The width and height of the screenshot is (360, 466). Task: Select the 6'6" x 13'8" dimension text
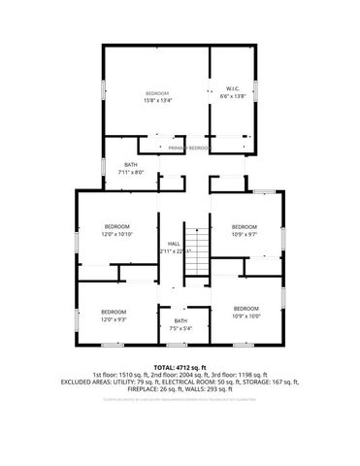coord(233,95)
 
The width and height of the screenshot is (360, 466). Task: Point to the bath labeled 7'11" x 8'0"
coord(130,169)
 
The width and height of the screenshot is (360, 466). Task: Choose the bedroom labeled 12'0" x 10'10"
coord(116,230)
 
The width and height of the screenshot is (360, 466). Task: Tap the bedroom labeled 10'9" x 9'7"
coord(245,230)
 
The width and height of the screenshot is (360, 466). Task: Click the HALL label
coord(174,244)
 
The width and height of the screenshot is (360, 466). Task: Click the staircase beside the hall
coord(198,252)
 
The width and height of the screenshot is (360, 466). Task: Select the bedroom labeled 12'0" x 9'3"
coord(115,315)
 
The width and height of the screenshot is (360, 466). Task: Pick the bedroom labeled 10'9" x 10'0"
coord(245,313)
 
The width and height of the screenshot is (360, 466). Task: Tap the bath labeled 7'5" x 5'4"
coord(180,324)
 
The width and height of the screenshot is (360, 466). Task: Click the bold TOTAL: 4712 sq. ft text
coord(180,366)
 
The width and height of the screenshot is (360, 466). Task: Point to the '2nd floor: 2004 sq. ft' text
coord(180,374)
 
